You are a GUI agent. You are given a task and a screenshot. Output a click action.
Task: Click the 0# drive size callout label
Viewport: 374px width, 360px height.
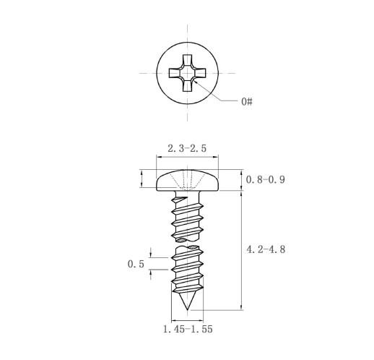tap(247, 101)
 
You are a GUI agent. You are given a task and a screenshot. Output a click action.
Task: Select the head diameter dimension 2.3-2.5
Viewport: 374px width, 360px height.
tap(187, 148)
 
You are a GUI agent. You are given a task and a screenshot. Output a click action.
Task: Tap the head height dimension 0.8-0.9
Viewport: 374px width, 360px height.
tap(266, 180)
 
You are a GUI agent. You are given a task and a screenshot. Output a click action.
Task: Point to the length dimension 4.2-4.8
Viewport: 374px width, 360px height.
tap(266, 249)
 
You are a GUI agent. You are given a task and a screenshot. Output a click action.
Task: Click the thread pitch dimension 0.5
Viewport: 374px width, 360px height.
tap(136, 264)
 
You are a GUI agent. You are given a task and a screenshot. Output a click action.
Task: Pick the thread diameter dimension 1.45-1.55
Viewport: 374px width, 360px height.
tap(188, 329)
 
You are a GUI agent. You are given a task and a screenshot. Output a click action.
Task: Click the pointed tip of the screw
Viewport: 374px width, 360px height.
tap(187, 310)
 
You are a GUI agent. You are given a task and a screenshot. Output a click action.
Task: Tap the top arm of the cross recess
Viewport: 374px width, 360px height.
tap(187, 60)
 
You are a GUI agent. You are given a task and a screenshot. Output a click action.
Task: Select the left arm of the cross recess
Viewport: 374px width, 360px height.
tap(174, 73)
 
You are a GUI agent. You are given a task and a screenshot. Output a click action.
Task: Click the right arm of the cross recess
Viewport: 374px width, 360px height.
tap(200, 73)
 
